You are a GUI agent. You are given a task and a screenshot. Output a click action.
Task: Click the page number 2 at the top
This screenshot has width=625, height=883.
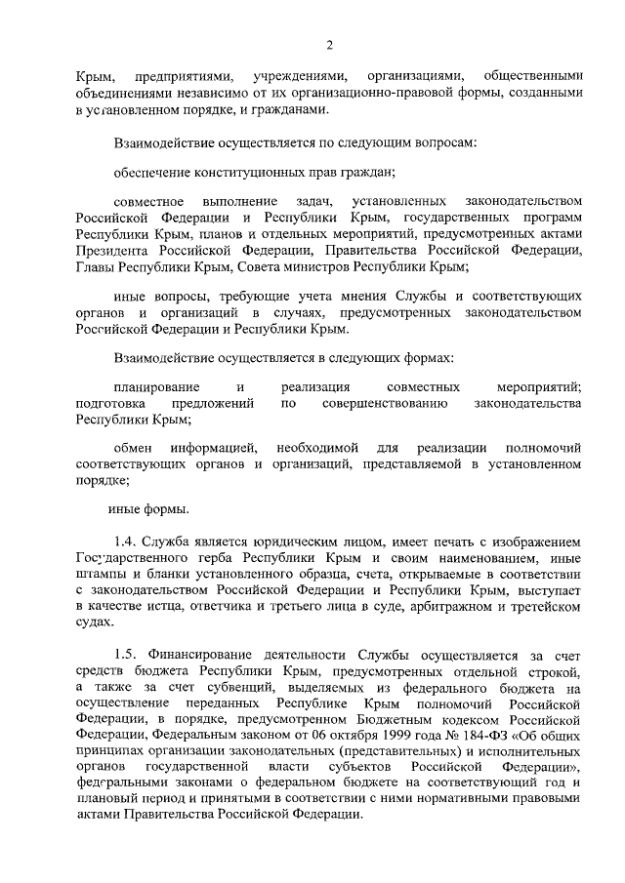click(329, 44)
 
